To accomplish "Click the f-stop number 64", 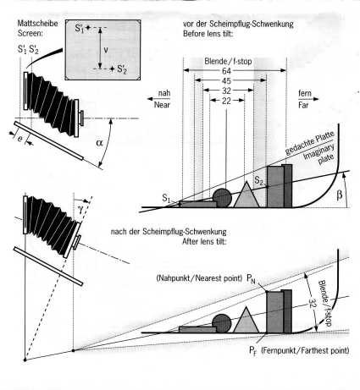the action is (x=226, y=70).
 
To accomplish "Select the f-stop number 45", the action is (x=226, y=80).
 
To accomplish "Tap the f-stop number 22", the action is (x=226, y=101).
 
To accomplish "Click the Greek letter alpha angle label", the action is (x=99, y=143).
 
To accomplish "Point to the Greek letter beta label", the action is (x=340, y=195).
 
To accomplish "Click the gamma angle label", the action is (x=80, y=209).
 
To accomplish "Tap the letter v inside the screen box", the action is (x=106, y=50).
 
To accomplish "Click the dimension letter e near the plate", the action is (x=19, y=139).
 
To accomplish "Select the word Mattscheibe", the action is (x=37, y=23).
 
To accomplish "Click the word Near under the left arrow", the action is (x=162, y=105).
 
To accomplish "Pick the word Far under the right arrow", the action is (x=303, y=105).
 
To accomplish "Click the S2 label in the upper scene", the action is (x=258, y=180).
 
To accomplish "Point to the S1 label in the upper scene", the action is (x=166, y=198).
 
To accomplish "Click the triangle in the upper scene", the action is (x=246, y=197).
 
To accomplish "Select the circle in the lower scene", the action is (x=222, y=323).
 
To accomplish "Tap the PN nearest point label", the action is (x=251, y=278).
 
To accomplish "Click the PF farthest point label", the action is (x=252, y=351).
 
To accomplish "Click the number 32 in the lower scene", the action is (x=312, y=303).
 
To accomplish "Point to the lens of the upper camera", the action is (x=81, y=118).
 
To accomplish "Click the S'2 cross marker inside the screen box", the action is (x=112, y=69).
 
